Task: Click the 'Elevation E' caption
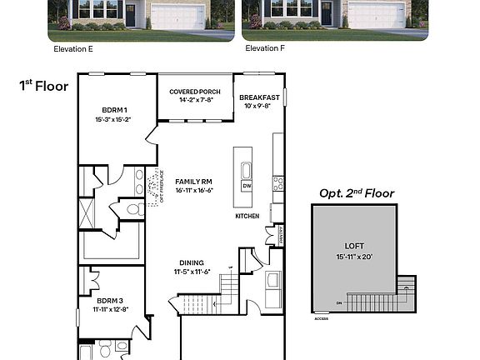(73, 49)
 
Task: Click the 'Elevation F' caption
(265, 49)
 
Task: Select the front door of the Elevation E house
(131, 14)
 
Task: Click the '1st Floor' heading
(44, 85)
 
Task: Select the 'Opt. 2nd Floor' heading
(357, 193)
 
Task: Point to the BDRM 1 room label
(114, 110)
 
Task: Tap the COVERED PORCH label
(194, 92)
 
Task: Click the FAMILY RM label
(194, 182)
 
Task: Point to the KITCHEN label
(247, 217)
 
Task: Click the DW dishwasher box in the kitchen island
(247, 187)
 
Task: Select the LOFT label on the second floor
(354, 246)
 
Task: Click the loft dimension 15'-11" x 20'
(354, 256)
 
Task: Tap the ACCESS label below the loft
(321, 318)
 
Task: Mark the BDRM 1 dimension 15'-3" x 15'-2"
(114, 120)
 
